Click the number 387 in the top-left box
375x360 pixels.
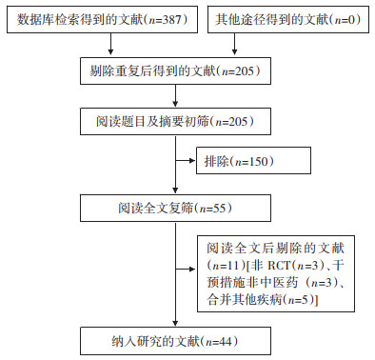pos(172,20)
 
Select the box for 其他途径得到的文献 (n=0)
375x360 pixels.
pos(288,19)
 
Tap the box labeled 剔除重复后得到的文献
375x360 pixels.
pos(175,70)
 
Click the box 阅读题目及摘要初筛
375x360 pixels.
pos(175,121)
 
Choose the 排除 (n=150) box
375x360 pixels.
pos(253,161)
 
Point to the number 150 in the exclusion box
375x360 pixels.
pos(259,161)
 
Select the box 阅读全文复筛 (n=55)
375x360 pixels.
pos(175,209)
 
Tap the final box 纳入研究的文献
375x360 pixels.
pos(175,341)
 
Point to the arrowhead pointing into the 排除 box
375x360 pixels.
pos(192,161)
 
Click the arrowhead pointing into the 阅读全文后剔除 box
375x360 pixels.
pos(192,270)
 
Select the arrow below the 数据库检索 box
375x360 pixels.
pos(110,44)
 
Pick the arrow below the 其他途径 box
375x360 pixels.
pos(234,44)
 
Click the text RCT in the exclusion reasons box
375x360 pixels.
pos(280,265)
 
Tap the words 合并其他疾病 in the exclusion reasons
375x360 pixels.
pos(244,299)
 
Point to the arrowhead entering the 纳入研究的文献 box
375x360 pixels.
pos(175,323)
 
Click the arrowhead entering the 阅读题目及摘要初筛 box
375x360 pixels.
pos(175,104)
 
